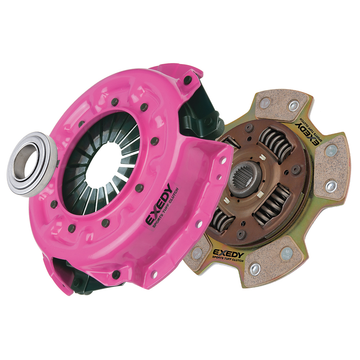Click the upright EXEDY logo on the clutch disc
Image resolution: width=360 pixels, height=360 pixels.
tap(228, 254)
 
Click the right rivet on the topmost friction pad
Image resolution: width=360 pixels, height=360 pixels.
tap(294, 105)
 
